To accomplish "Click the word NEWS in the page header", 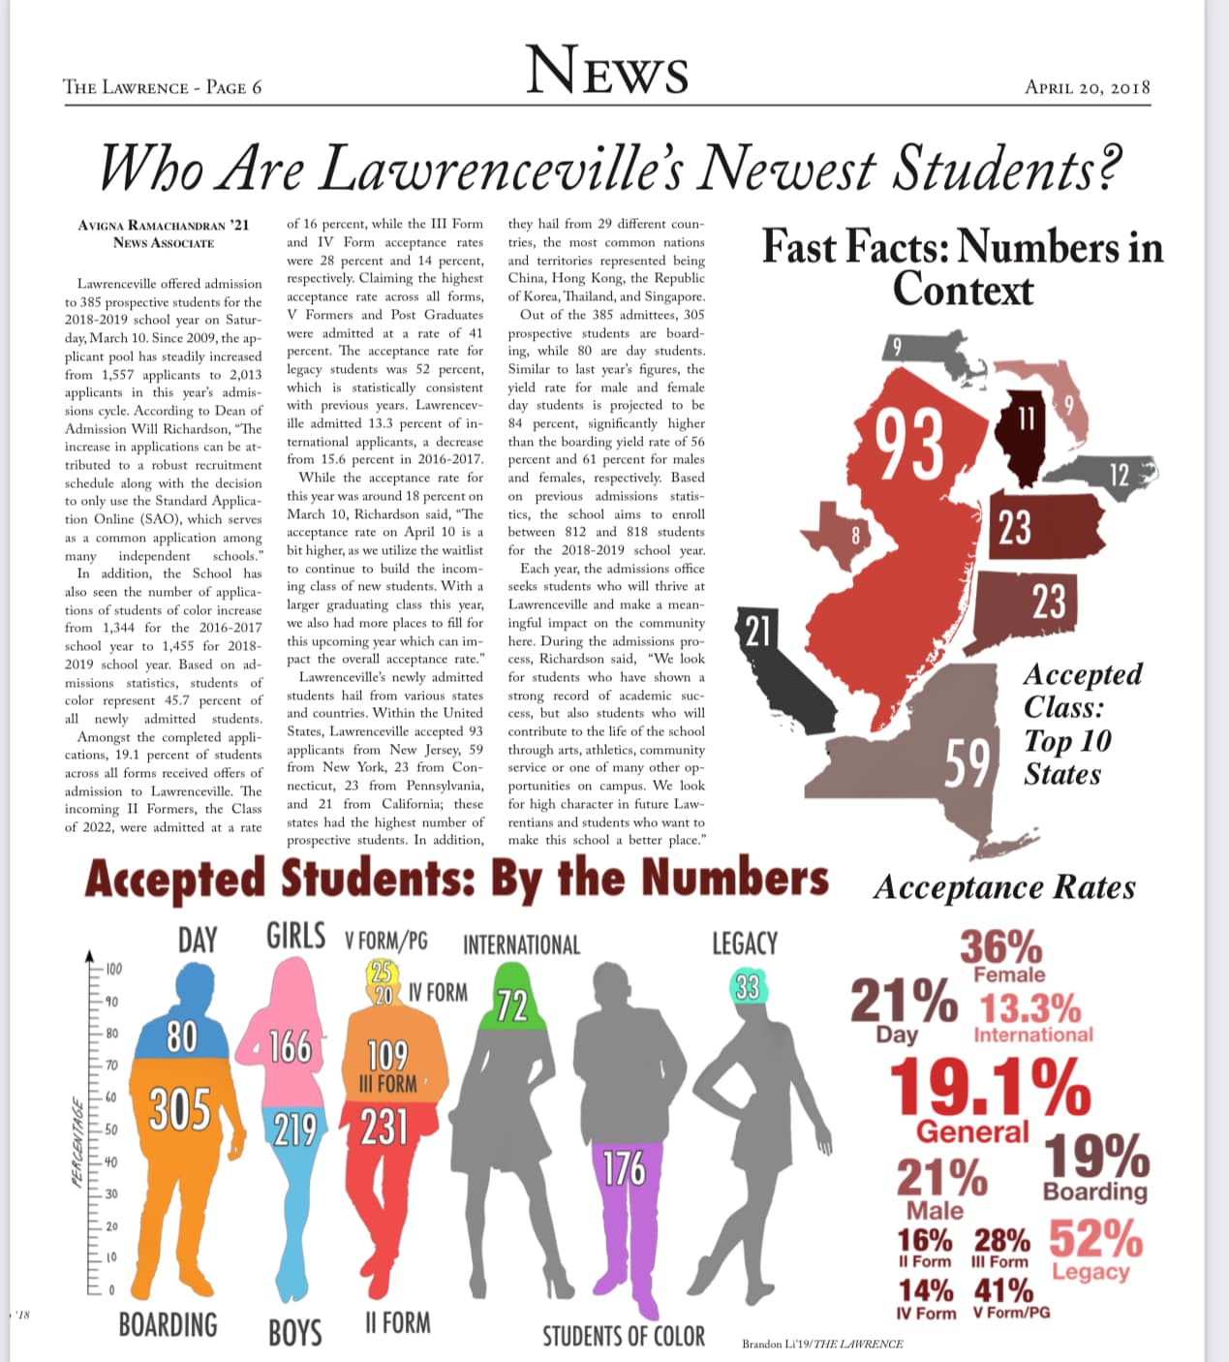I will (x=607, y=71).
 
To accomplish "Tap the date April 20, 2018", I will (x=1087, y=87).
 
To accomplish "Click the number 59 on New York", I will (x=968, y=765).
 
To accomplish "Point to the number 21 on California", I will (x=756, y=631).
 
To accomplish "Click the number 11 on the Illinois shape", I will (x=1026, y=418).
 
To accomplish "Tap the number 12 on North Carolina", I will (x=1119, y=475).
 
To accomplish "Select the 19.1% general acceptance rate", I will (x=990, y=1087).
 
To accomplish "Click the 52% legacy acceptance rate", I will (x=1095, y=1237).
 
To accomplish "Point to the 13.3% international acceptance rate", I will (x=1030, y=1008).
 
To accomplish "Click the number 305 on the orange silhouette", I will (x=180, y=1108).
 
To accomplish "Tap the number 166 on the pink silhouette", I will (x=289, y=1047).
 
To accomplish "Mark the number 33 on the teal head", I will (x=747, y=987).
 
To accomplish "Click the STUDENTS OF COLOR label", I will (x=624, y=1337).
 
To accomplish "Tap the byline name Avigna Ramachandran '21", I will (x=164, y=225).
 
